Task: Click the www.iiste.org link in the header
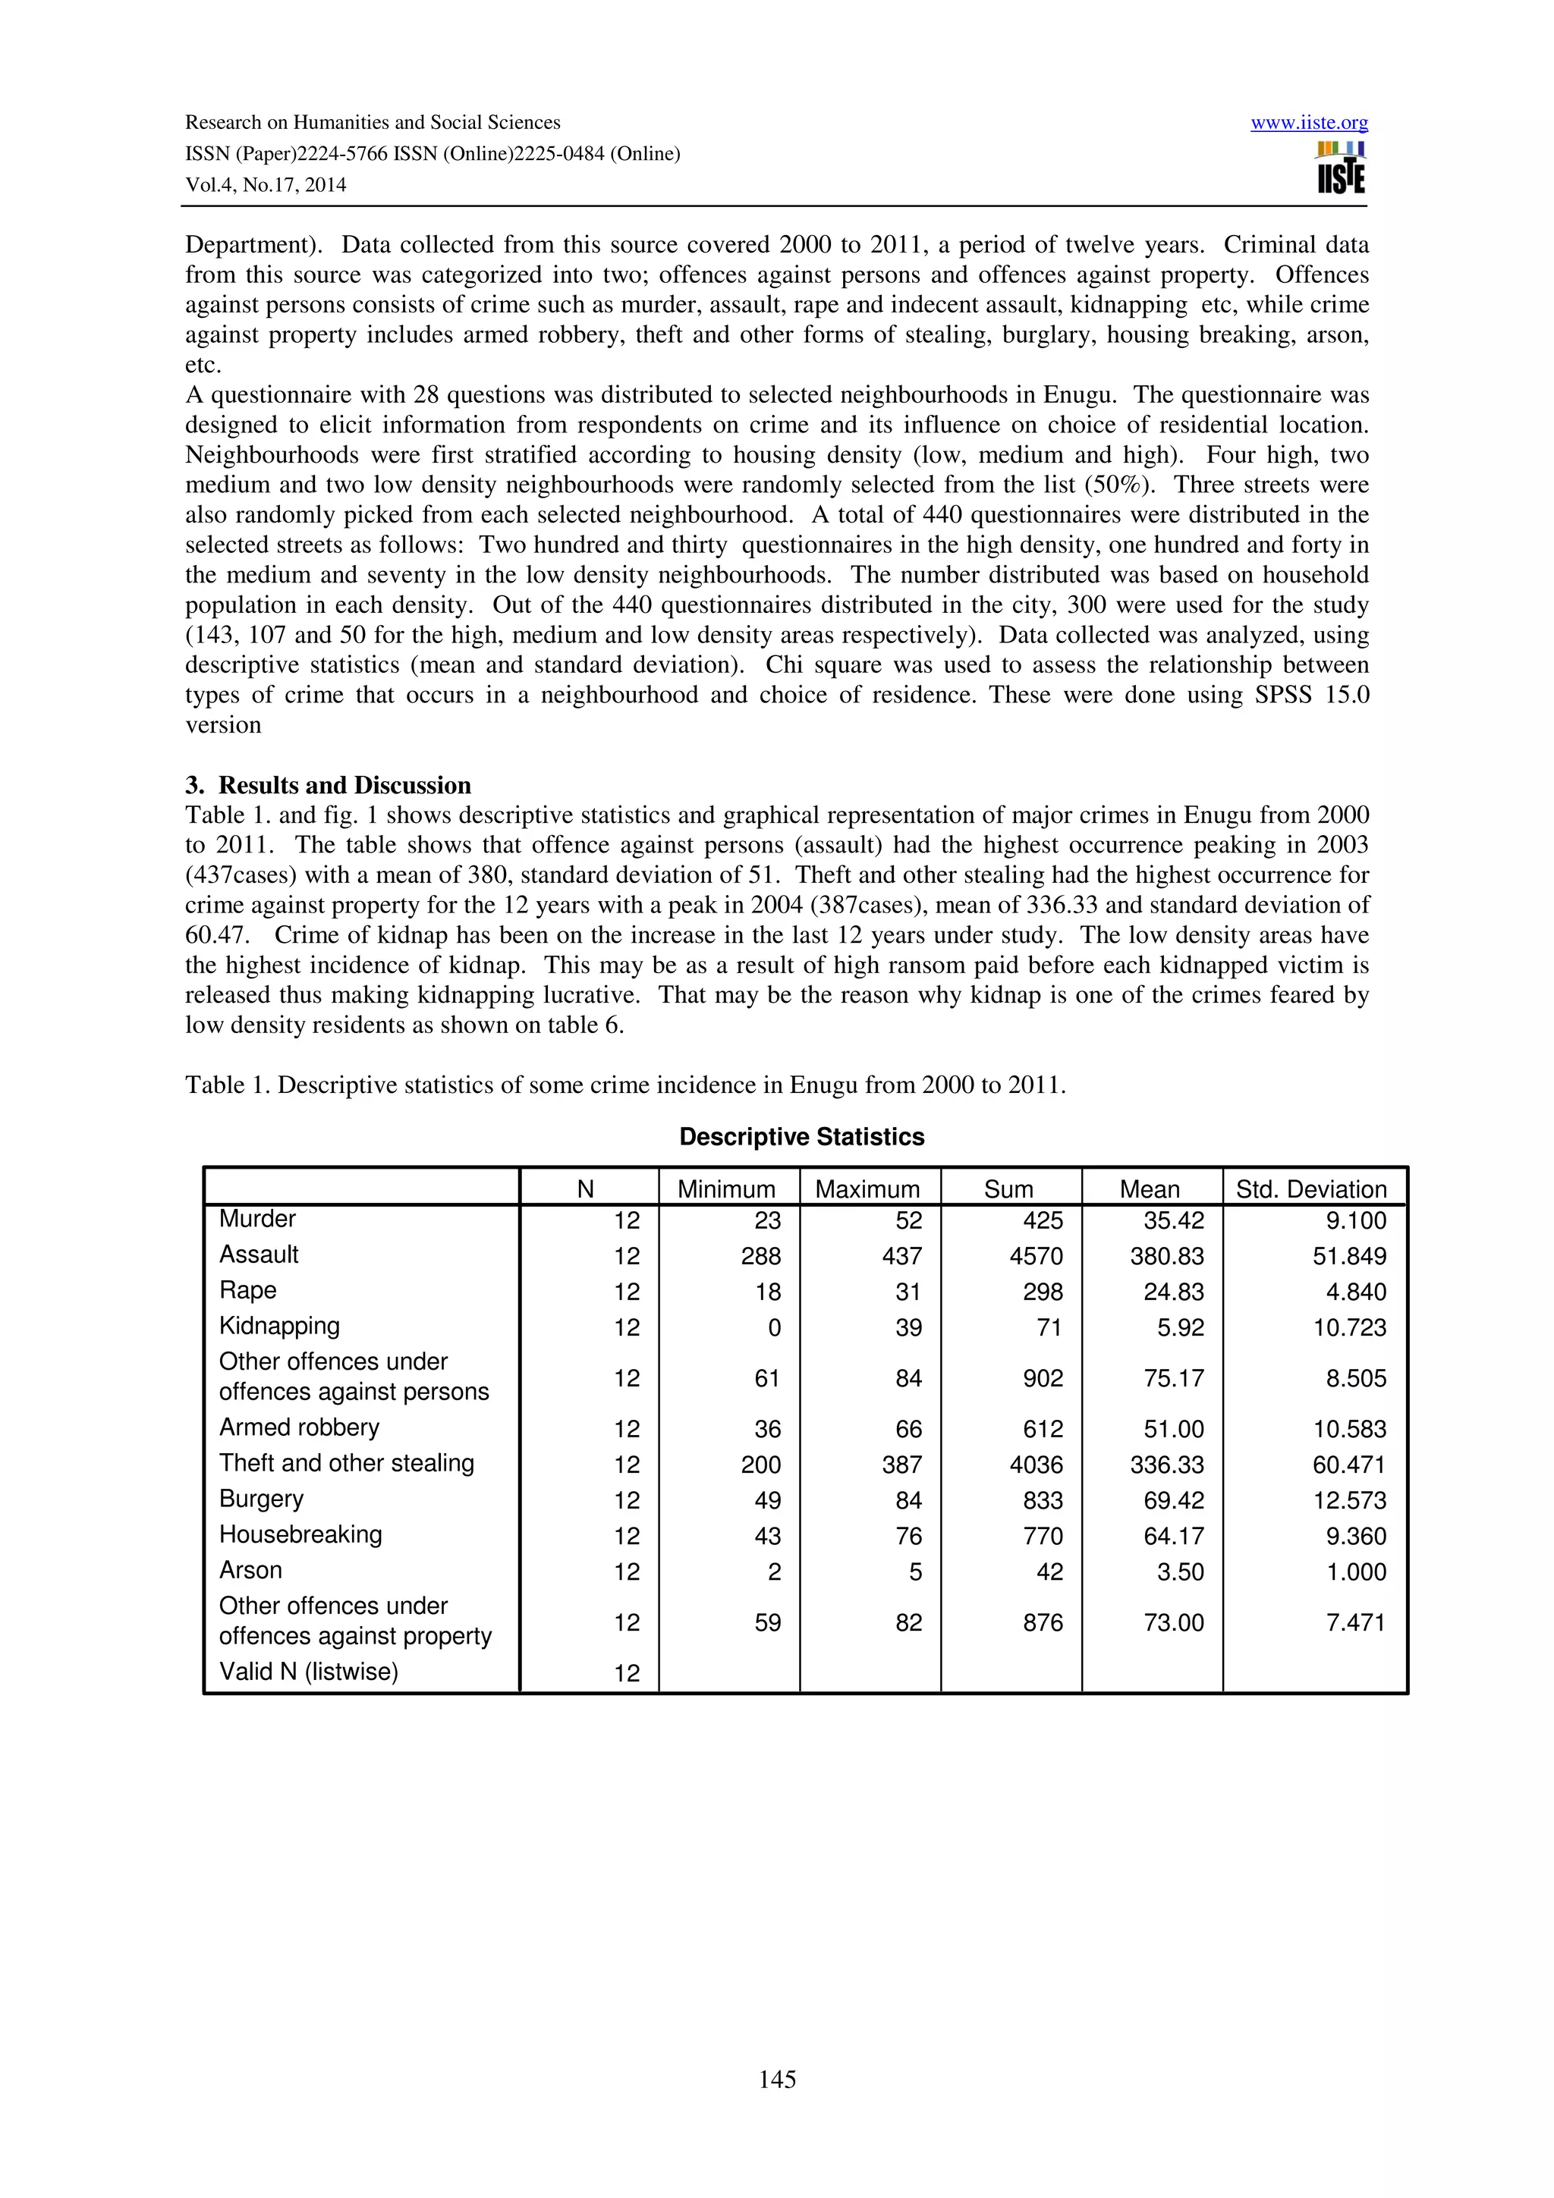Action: [1309, 123]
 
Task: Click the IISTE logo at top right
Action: [1341, 168]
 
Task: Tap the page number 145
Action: [776, 2078]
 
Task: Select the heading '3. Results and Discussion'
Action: [328, 785]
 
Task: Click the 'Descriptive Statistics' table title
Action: [801, 1136]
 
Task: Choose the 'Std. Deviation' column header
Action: [1310, 1189]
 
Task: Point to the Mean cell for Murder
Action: [1174, 1220]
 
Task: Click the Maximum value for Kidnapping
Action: [909, 1327]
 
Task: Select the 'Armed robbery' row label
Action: [299, 1427]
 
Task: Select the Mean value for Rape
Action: [1174, 1292]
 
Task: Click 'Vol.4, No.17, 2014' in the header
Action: [266, 185]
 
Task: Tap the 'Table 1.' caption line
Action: [624, 1085]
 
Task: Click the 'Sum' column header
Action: [1008, 1189]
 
